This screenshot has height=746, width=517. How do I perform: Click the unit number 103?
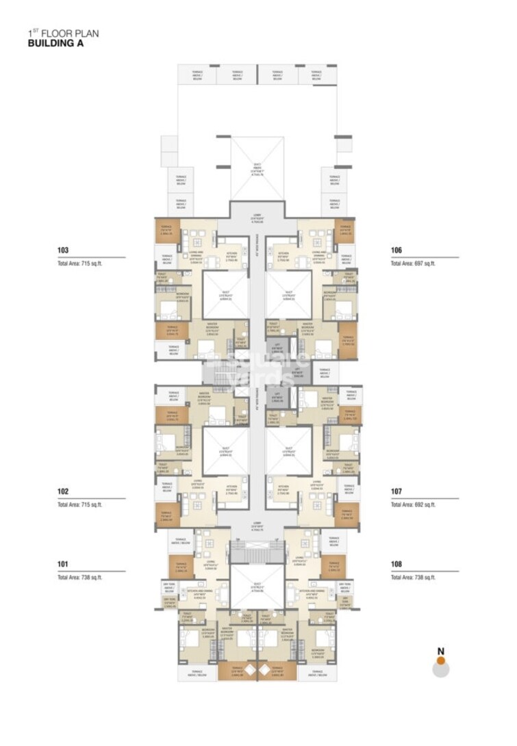pos(64,250)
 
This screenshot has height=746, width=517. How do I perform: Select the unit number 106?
pos(396,250)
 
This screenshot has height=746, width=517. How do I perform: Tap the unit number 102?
pos(64,491)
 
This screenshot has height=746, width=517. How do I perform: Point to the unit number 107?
pos(396,491)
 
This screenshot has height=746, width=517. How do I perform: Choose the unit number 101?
pos(64,565)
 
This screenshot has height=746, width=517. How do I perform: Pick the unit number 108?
pos(396,565)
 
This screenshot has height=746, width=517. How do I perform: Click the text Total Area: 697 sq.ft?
pos(413,263)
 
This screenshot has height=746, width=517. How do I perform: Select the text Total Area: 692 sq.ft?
pos(413,504)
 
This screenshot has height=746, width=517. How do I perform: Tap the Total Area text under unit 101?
pos(79,578)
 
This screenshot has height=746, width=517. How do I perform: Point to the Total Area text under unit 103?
pos(79,263)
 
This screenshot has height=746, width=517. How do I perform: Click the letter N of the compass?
pos(442,651)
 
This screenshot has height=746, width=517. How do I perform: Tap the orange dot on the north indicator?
pos(442,660)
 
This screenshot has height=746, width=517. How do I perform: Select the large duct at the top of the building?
pos(257,168)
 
